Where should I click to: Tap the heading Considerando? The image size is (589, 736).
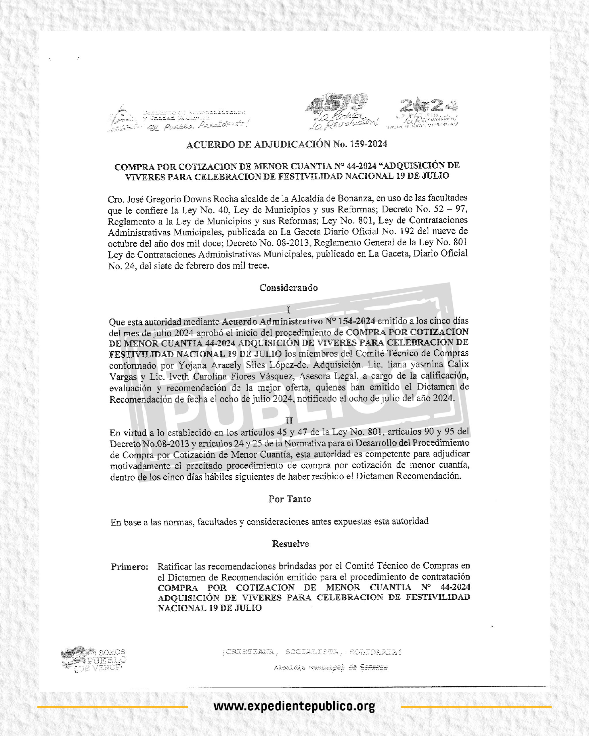point(288,288)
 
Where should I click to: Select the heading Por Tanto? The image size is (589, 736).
point(290,499)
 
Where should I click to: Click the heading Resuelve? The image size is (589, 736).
point(290,544)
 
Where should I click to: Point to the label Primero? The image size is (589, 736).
point(129,567)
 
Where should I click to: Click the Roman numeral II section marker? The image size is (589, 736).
point(289,421)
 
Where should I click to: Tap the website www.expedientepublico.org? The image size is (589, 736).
point(294,706)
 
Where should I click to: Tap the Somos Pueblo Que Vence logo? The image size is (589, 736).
point(94,659)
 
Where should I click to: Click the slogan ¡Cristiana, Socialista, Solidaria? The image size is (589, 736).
point(311,652)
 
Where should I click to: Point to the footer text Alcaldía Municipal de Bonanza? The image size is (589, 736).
point(330,667)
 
